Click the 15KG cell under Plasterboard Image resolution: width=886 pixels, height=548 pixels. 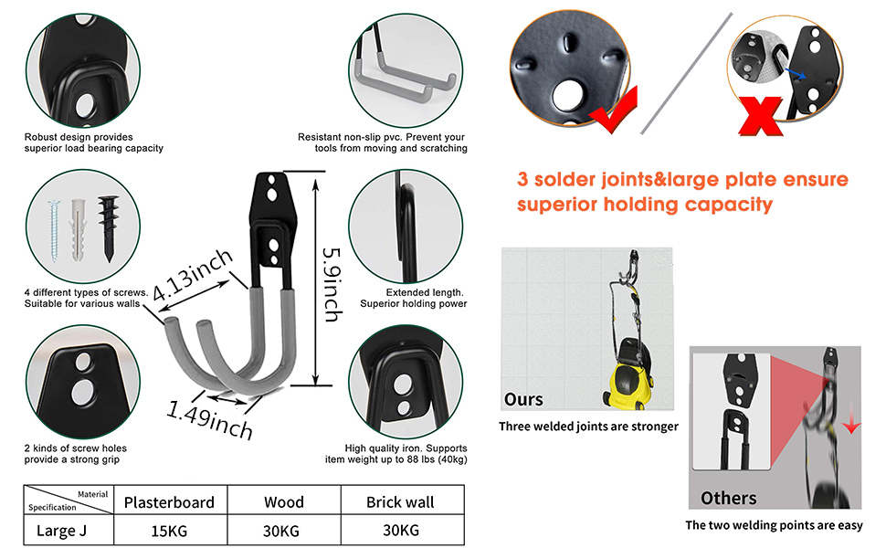[x=169, y=531]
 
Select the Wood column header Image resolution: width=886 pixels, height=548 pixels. [x=284, y=502]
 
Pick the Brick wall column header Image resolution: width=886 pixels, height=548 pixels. [x=400, y=502]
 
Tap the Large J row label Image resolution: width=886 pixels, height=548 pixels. [x=61, y=531]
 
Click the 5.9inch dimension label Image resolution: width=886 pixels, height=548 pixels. [x=332, y=285]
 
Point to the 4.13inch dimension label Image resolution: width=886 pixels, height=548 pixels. [x=192, y=275]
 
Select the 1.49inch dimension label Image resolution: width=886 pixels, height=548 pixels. [x=210, y=420]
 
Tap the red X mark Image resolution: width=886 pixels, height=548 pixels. [x=761, y=116]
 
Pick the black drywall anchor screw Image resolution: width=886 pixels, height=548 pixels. [x=109, y=227]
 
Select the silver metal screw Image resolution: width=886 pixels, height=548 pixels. [x=54, y=230]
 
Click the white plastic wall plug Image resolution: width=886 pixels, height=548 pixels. [x=78, y=229]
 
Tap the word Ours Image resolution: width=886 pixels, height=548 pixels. [x=523, y=399]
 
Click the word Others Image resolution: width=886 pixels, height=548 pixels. [x=728, y=498]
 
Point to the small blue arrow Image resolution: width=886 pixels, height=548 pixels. [x=795, y=72]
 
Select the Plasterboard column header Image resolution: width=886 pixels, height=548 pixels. [x=169, y=502]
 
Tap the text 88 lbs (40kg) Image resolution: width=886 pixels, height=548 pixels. [x=438, y=459]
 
